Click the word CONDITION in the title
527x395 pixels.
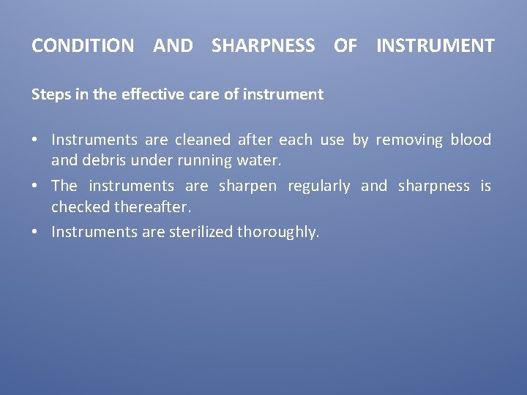click(83, 46)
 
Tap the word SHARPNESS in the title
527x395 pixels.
click(263, 46)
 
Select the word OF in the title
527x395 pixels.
click(345, 46)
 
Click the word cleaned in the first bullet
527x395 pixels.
click(202, 140)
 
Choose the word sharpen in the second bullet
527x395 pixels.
click(247, 186)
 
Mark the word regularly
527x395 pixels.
click(318, 186)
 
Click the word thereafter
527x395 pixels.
click(152, 207)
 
